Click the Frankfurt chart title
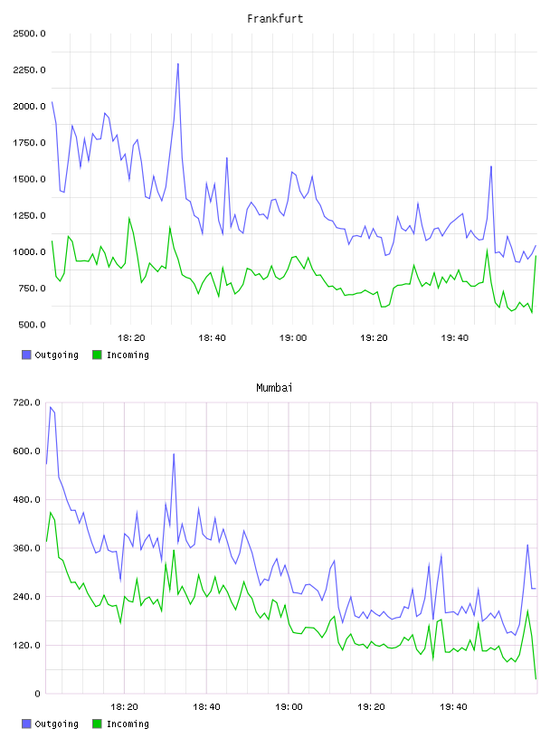click(275, 19)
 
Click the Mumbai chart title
click(274, 388)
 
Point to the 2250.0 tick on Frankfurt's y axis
click(29, 71)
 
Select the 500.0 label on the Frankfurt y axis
click(32, 325)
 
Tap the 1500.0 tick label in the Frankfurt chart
click(29, 179)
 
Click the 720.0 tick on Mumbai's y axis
click(26, 402)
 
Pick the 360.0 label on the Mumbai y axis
click(26, 548)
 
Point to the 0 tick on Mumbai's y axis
click(37, 694)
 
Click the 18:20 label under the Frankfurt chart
click(131, 338)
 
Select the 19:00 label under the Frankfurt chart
click(293, 338)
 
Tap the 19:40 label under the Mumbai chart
click(453, 707)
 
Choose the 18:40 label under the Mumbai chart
click(207, 707)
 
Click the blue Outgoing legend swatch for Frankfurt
click(26, 355)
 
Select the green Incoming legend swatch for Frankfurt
click(97, 355)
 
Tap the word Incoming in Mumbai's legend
click(128, 724)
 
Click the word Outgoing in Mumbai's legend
click(56, 724)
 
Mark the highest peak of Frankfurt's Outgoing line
click(178, 63)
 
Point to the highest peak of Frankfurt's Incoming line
click(129, 218)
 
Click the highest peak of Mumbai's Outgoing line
click(51, 407)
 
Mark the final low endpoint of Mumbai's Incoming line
click(536, 678)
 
